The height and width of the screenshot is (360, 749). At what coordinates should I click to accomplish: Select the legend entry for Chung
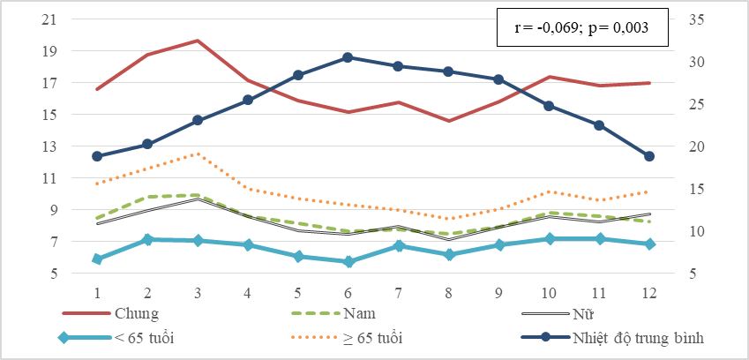point(111,314)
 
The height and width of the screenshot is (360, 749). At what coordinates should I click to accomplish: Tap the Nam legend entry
point(333,314)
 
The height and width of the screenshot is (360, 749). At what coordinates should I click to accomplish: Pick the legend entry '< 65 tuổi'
point(116,338)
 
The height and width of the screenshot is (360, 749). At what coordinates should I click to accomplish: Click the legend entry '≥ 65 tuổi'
point(347,338)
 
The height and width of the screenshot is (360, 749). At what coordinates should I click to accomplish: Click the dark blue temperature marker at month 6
point(348,57)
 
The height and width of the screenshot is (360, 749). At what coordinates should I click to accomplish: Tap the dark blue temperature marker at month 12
point(648,156)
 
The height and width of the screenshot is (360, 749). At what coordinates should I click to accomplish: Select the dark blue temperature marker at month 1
point(97,156)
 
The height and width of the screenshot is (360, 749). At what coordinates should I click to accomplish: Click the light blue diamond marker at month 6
point(348,262)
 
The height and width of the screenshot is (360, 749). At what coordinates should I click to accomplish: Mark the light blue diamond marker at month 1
point(97,259)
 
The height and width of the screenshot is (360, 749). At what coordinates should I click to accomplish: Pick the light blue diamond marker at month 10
point(550,239)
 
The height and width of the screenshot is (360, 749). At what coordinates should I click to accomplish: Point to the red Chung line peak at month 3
point(198,41)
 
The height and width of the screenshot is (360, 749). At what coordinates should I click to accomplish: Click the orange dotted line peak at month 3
point(198,154)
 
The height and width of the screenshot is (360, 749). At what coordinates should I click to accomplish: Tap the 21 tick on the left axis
point(50,19)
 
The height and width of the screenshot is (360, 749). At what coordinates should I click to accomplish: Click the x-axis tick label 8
point(448,293)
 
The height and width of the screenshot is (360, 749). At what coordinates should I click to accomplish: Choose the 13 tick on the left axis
point(50,146)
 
